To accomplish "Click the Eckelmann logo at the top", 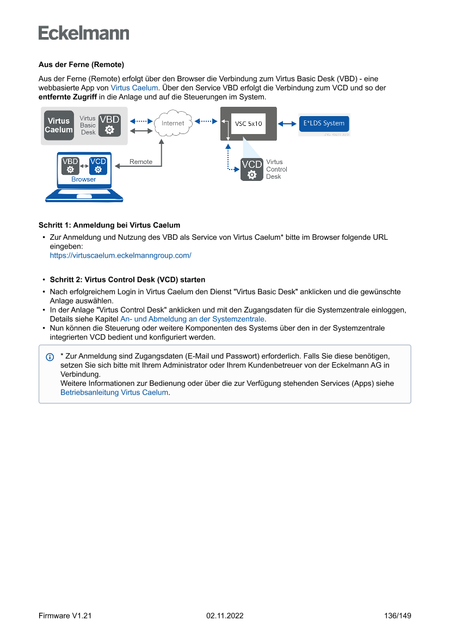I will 84,33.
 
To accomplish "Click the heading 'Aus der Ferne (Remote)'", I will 81,64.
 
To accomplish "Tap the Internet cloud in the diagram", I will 172,123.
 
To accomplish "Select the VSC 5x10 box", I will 248,124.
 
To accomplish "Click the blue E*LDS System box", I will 324,123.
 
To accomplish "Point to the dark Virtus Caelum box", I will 59,125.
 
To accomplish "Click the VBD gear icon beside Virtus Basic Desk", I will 109,125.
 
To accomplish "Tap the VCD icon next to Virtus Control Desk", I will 251,169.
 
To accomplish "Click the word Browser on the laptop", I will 84,179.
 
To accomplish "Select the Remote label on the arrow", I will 141,162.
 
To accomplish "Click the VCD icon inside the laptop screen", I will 98,166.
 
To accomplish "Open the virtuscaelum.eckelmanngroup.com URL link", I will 120,255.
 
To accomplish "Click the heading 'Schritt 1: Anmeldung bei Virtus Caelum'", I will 109,225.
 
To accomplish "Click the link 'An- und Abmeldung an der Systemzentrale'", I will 193,319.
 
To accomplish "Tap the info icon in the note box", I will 50,357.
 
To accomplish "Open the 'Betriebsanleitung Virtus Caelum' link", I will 114,392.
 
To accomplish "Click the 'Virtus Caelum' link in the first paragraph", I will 134,87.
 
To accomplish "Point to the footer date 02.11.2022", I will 225,616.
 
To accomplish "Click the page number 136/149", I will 398,616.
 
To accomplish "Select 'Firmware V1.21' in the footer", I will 65,616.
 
